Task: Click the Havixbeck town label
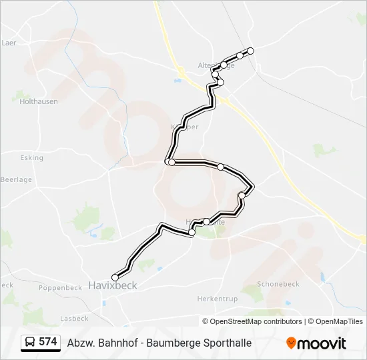(x=112, y=285)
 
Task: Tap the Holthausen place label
(x=39, y=102)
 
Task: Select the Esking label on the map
(x=31, y=158)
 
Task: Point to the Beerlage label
(x=16, y=179)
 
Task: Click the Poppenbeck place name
(x=59, y=288)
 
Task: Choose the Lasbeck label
(x=74, y=319)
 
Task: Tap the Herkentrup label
(x=218, y=299)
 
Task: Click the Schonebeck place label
(x=278, y=284)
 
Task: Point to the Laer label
(x=9, y=43)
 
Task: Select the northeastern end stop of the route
(x=251, y=51)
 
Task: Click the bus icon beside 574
(x=30, y=343)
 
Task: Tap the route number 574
(x=48, y=342)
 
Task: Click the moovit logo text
(x=322, y=343)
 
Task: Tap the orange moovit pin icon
(x=291, y=343)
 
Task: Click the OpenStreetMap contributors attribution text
(x=256, y=321)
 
